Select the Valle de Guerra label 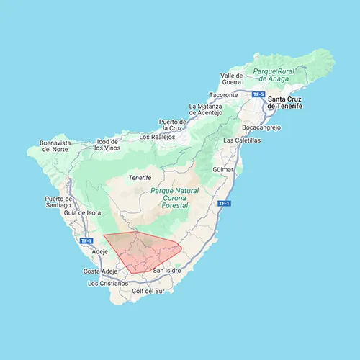point(233,79)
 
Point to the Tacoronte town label point(223,95)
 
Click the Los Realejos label point(156,136)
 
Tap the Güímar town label point(223,169)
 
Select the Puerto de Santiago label point(58,202)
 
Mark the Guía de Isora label point(81,213)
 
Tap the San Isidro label point(168,270)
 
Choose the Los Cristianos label point(108,284)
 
